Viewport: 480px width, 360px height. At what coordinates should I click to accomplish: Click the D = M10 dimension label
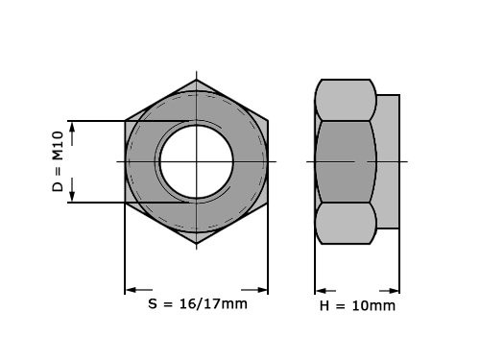(x=59, y=161)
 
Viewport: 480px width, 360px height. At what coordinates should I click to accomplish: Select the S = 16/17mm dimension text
(x=197, y=304)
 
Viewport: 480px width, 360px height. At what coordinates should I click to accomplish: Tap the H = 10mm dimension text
(x=357, y=306)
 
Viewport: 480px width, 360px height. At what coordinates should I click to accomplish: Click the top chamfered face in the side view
(x=345, y=99)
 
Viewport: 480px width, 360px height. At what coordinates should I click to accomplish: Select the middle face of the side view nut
(x=345, y=161)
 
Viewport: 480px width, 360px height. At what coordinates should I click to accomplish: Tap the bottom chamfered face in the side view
(x=345, y=223)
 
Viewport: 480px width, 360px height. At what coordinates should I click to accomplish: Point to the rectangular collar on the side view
(x=388, y=161)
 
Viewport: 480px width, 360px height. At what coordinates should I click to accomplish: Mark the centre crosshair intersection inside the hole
(x=197, y=161)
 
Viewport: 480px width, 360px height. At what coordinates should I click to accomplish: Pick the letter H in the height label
(x=324, y=306)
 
